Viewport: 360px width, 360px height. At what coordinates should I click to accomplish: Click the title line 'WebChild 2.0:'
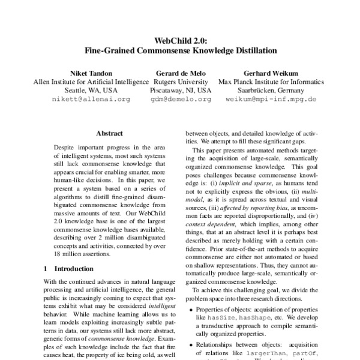click(x=181, y=41)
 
